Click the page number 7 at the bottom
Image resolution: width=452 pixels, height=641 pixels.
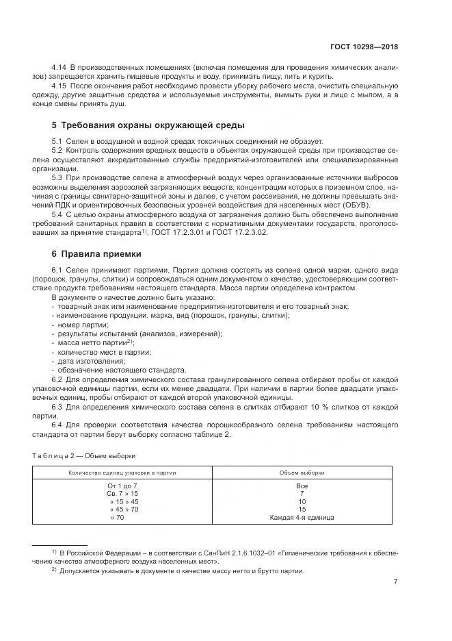(395, 582)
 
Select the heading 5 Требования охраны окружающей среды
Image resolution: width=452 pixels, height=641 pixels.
(148, 125)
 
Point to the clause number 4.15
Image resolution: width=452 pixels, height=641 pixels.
(59, 86)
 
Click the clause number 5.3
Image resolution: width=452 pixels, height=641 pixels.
(57, 177)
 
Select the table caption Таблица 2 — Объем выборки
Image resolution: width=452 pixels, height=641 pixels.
(84, 455)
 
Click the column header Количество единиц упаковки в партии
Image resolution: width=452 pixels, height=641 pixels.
(122, 473)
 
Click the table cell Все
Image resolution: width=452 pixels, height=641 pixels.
(302, 485)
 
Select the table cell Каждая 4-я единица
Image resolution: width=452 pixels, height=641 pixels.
(302, 517)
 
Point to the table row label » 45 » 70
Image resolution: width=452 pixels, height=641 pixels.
(124, 509)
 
